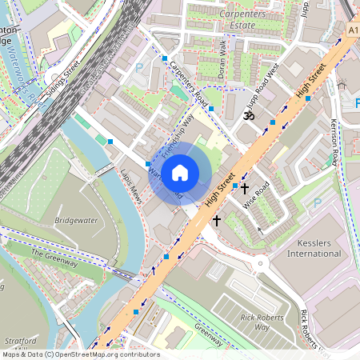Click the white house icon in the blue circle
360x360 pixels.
pos(180,172)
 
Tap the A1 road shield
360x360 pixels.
pos(353,30)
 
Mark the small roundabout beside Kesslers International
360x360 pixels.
pos(261,264)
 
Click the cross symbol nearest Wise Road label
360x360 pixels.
pos(245,189)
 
